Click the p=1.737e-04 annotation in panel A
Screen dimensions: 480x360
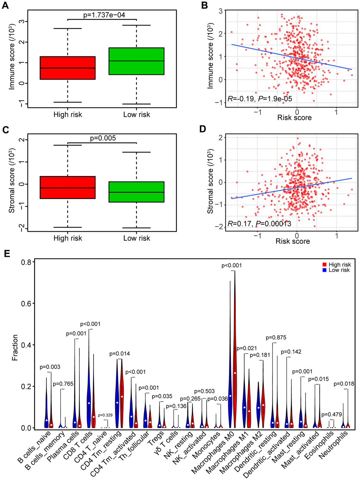click(x=104, y=15)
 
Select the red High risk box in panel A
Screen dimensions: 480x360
click(x=67, y=68)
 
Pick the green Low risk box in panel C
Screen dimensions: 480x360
click(x=137, y=192)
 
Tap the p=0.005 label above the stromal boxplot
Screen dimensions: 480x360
click(x=103, y=138)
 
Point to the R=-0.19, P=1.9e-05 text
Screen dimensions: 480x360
click(x=260, y=99)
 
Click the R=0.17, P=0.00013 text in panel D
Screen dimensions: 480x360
click(x=259, y=223)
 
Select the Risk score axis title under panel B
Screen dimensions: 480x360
click(x=294, y=118)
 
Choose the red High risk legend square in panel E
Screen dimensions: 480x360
click(x=324, y=265)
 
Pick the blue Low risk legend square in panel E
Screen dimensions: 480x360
click(x=324, y=270)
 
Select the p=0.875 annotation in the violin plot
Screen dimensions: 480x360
click(x=276, y=338)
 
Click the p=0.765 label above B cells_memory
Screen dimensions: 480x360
click(x=63, y=384)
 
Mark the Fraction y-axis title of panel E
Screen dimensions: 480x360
click(x=15, y=347)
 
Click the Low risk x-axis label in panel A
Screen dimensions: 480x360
click(x=137, y=115)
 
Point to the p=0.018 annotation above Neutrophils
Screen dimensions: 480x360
click(x=344, y=384)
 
